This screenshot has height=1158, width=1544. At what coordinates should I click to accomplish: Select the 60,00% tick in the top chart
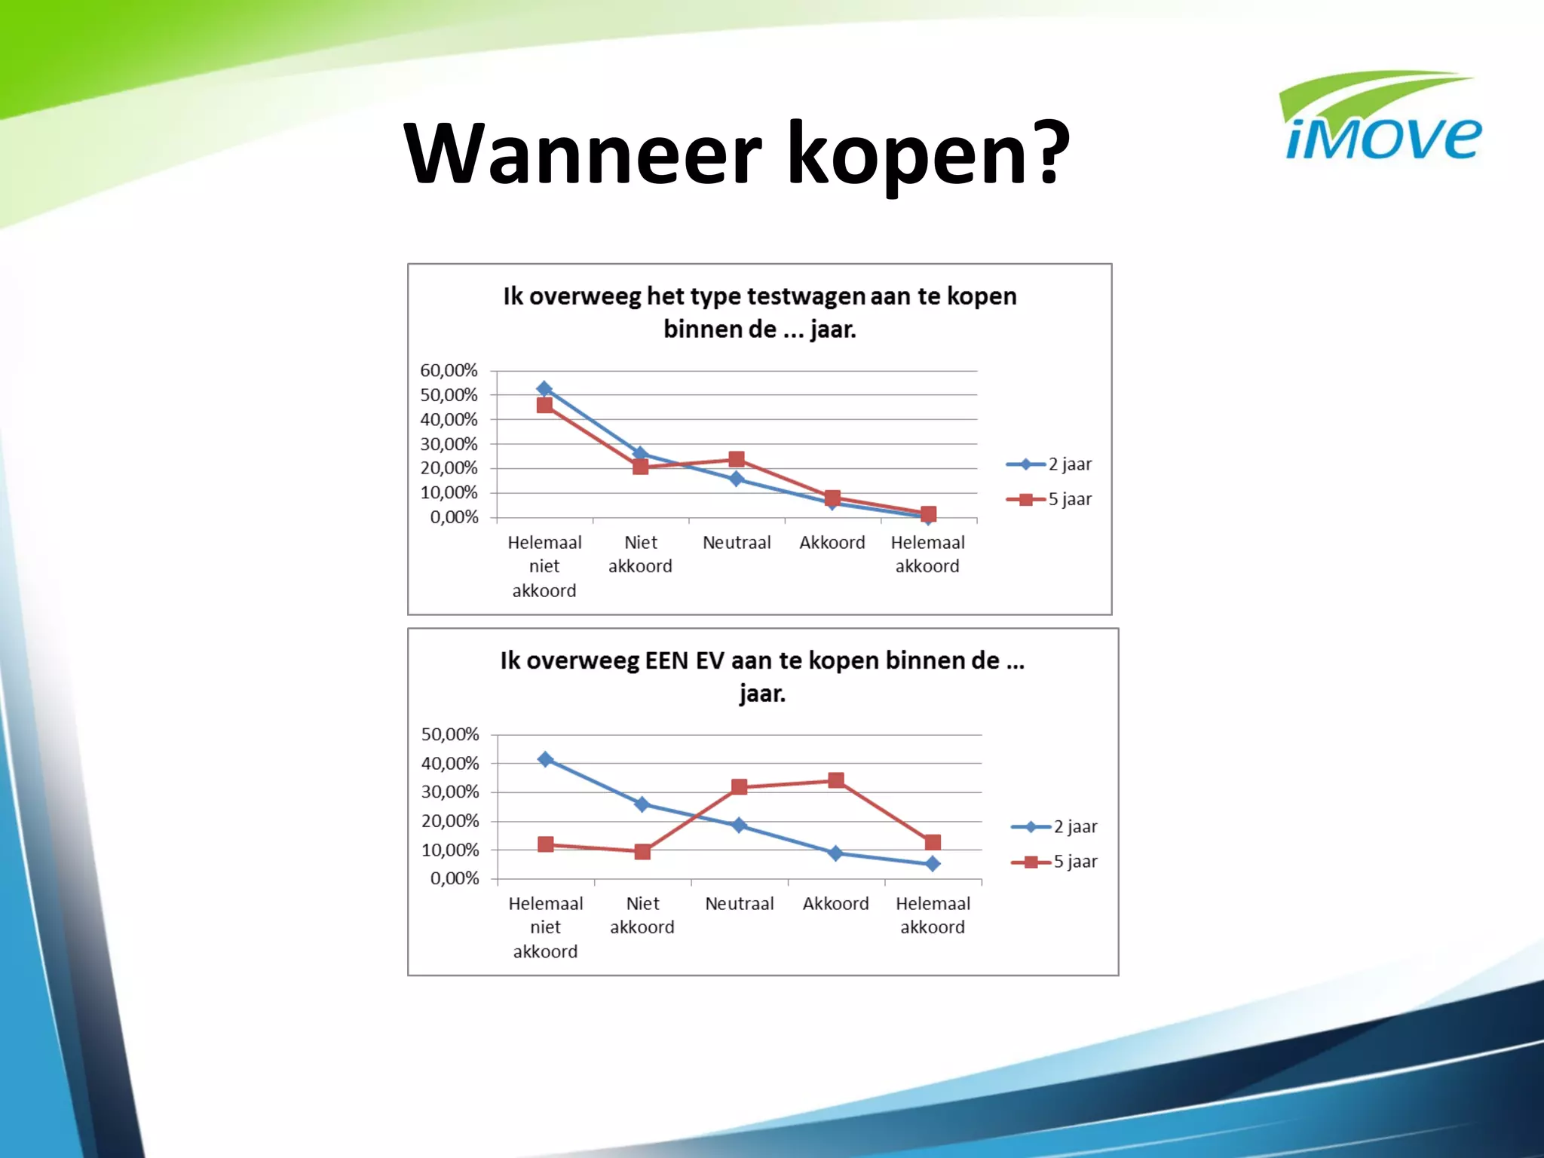(449, 370)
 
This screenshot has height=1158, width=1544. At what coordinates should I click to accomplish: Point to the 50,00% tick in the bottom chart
(450, 734)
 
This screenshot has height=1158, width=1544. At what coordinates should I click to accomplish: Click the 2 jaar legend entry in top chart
(1049, 464)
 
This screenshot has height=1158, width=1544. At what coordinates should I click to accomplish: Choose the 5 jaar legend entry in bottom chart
(1055, 862)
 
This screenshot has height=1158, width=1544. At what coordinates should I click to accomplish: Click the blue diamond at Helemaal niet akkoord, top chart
(544, 389)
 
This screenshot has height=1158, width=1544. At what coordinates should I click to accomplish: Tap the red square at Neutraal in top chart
(737, 459)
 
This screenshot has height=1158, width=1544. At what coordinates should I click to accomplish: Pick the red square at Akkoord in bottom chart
(835, 780)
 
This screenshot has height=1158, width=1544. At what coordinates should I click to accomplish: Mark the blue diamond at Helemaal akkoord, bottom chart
(933, 864)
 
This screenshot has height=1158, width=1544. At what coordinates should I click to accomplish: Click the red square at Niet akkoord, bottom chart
(642, 852)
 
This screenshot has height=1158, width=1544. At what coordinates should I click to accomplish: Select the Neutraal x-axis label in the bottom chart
(739, 903)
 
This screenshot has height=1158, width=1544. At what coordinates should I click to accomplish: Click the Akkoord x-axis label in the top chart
(832, 542)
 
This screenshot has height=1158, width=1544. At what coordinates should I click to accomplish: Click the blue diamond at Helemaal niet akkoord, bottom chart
(546, 759)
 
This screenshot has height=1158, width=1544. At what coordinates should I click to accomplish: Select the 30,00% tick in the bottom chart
(450, 792)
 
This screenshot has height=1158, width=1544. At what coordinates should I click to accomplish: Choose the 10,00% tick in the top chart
(449, 492)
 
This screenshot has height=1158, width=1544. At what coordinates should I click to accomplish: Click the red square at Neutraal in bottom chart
(739, 787)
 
